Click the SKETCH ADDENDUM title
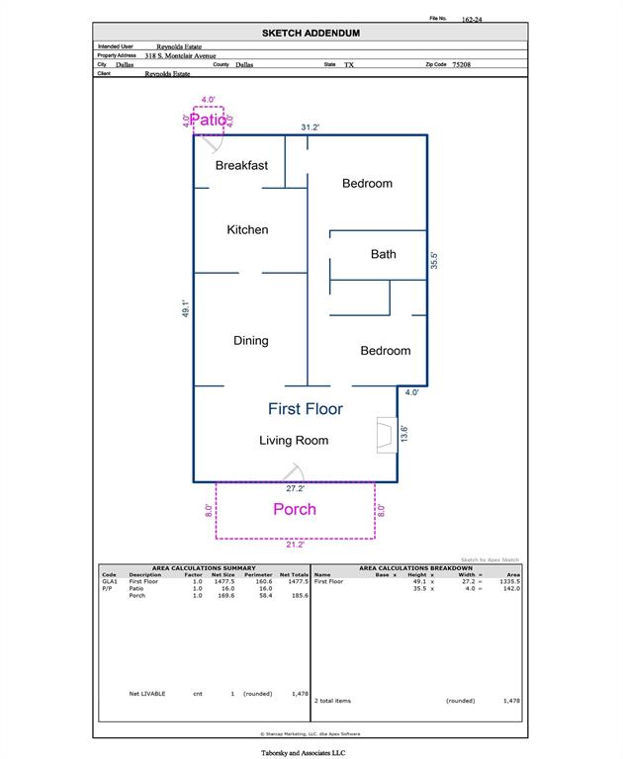(x=311, y=33)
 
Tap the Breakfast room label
(x=241, y=165)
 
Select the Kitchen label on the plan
(x=247, y=229)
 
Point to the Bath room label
(x=383, y=254)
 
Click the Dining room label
(x=250, y=341)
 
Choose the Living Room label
(x=294, y=440)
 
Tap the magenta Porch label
(x=295, y=509)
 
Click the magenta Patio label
(x=209, y=120)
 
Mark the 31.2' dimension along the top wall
(x=310, y=127)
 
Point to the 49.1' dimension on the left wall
(x=185, y=308)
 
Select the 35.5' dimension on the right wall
(x=434, y=260)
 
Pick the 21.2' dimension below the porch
(x=295, y=544)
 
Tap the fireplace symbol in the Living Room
(x=385, y=436)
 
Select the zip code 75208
(x=461, y=64)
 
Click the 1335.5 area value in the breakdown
(x=509, y=582)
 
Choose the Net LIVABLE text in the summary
(x=147, y=694)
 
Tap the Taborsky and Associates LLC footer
(x=311, y=752)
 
